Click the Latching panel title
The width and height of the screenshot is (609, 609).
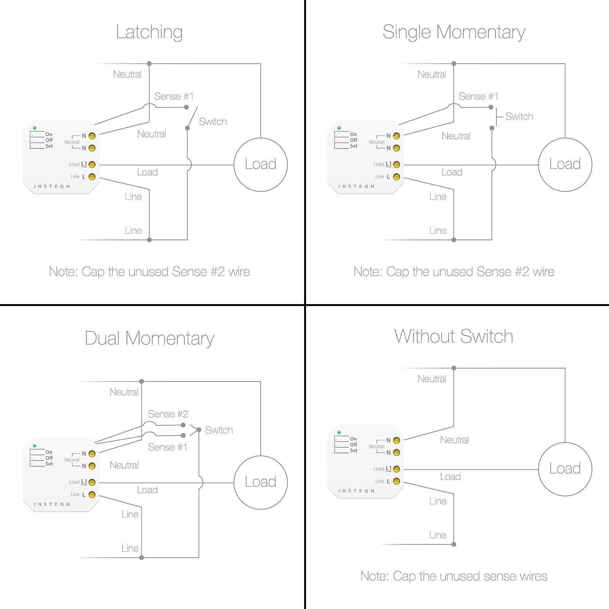149,32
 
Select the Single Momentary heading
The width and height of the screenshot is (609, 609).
454,32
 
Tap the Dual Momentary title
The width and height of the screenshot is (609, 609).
149,338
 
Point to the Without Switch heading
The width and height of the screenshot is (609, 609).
454,336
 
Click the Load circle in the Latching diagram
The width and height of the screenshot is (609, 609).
260,164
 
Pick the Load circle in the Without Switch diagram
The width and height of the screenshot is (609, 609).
565,469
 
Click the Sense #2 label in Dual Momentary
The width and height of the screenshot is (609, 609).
168,414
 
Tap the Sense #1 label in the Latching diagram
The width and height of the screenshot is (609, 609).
174,96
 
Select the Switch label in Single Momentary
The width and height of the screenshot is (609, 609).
519,116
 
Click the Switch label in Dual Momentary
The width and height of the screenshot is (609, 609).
219,430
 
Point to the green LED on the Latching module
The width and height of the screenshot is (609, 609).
35,128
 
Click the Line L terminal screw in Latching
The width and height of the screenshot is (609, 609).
92,177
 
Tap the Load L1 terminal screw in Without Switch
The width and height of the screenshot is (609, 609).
396,469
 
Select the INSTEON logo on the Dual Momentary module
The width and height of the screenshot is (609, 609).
52,504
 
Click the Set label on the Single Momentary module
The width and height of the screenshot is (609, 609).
354,146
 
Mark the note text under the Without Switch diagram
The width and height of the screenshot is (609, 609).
454,576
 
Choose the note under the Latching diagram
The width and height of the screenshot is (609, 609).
149,272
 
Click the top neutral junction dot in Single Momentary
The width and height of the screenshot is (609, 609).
454,64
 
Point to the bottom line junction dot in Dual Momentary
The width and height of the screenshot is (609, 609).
142,558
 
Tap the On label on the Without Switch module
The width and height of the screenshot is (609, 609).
354,439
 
